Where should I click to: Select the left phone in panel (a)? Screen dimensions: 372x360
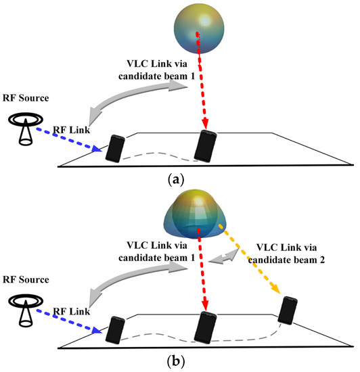coord(116,147)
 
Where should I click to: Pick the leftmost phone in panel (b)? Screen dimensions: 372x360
coord(116,329)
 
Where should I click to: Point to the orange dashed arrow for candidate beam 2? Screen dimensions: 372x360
coord(254,261)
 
